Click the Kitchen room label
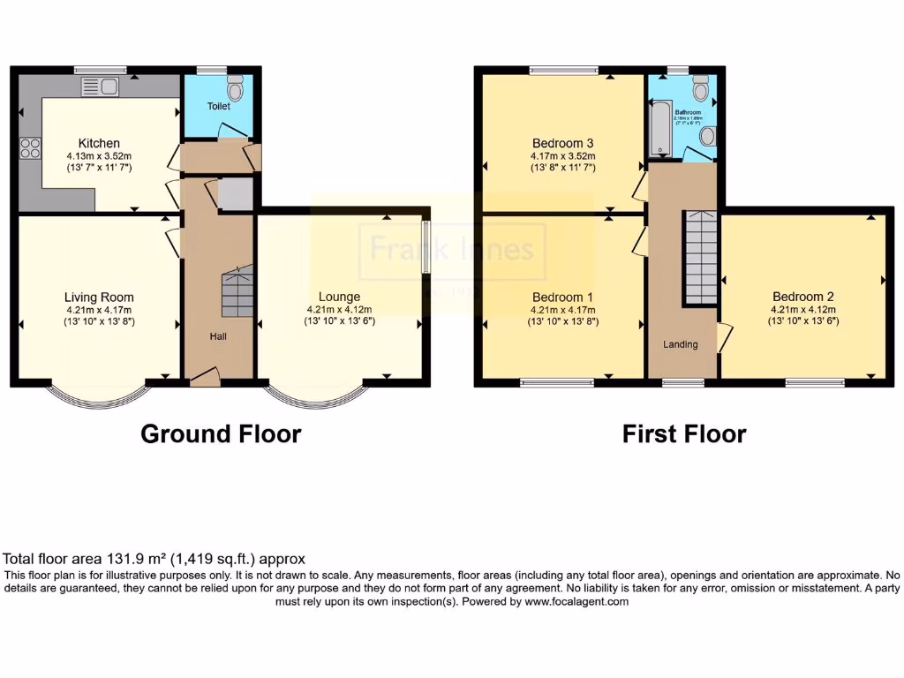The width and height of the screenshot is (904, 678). [99, 143]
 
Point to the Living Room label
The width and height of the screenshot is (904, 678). [99, 298]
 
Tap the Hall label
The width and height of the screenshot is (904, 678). [218, 336]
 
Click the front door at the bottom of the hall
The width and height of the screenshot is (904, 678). [205, 377]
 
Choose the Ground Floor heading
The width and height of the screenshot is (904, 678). [221, 434]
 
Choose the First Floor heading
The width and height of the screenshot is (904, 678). [683, 434]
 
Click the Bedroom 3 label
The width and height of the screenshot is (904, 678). [562, 143]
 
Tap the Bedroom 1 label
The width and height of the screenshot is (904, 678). [562, 298]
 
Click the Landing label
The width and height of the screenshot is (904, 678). [681, 344]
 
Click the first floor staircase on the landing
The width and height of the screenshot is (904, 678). [702, 258]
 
